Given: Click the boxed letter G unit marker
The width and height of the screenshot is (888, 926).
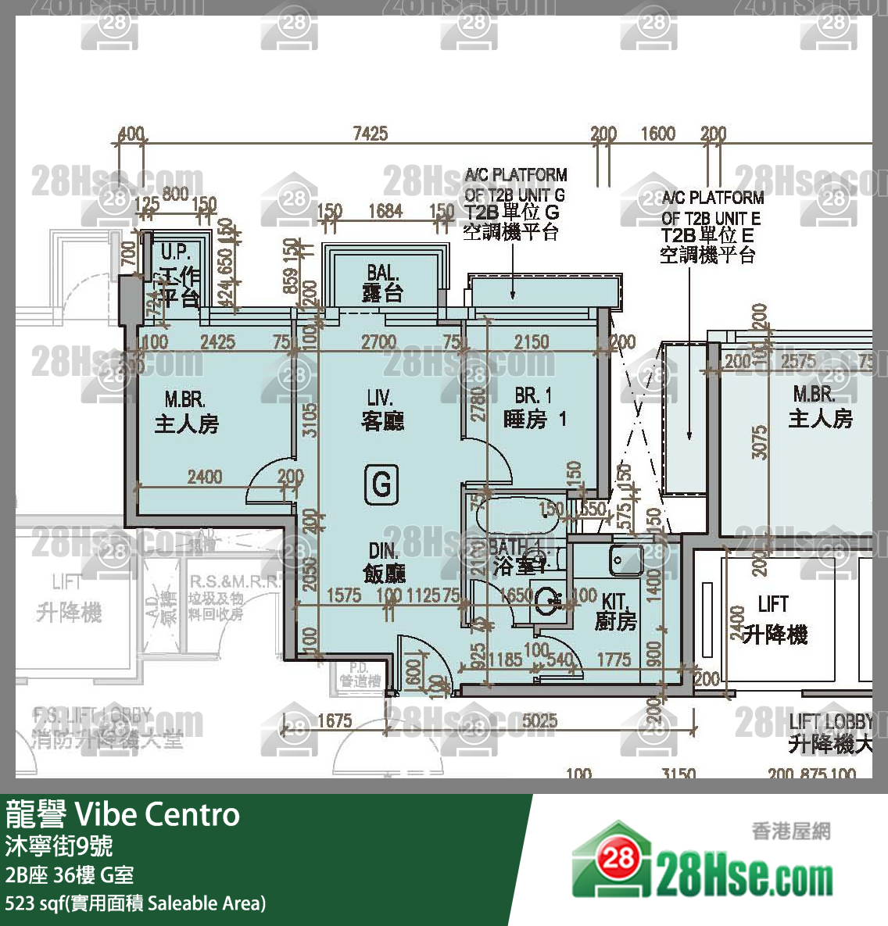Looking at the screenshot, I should pyautogui.click(x=381, y=484).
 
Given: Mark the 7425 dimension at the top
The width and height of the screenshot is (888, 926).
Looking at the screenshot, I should pyautogui.click(x=370, y=133).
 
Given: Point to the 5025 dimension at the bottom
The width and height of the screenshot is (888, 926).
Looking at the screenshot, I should pyautogui.click(x=539, y=720).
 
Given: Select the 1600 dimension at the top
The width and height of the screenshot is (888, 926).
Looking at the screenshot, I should pyautogui.click(x=657, y=133).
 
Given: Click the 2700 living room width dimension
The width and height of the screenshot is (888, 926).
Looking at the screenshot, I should pyautogui.click(x=378, y=341).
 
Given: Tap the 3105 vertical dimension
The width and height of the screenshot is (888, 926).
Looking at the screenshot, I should pyautogui.click(x=310, y=420).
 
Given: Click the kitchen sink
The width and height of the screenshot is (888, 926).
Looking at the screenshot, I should pyautogui.click(x=626, y=560).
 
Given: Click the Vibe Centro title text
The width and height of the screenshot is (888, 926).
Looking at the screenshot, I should pyautogui.click(x=157, y=814).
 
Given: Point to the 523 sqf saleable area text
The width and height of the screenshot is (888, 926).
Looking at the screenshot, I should pyautogui.click(x=135, y=903).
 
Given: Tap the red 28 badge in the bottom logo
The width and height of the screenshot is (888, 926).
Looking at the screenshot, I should pyautogui.click(x=618, y=858).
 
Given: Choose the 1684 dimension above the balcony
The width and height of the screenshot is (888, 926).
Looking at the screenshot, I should pyautogui.click(x=385, y=210).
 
